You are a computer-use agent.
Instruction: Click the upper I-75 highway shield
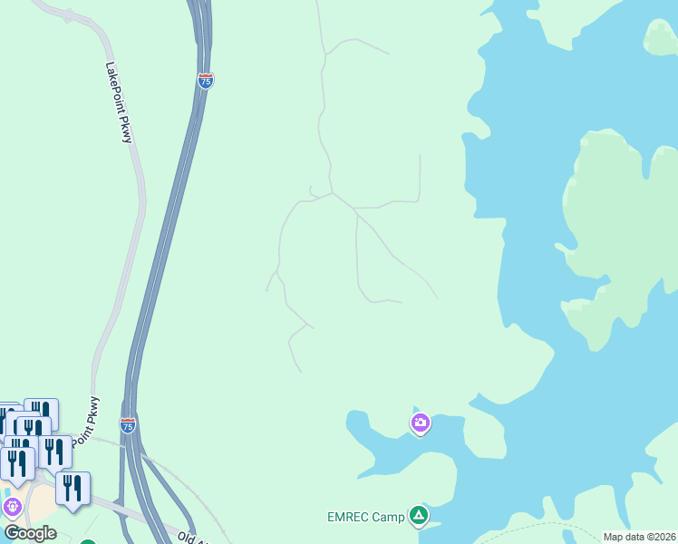click(205, 81)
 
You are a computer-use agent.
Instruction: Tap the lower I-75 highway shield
click(128, 425)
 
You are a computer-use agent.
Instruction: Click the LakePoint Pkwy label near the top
click(119, 102)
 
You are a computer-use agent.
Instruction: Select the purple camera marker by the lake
click(420, 423)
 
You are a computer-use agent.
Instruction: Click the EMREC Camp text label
click(365, 518)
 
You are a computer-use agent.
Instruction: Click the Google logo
click(30, 533)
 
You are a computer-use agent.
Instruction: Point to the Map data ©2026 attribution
click(639, 537)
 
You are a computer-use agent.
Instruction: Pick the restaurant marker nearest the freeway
click(73, 486)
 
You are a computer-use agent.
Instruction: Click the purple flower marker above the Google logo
click(10, 504)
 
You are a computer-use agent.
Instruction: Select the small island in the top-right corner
click(661, 36)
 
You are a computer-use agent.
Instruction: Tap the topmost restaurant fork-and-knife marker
click(42, 412)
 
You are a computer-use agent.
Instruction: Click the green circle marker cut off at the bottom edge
click(87, 542)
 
